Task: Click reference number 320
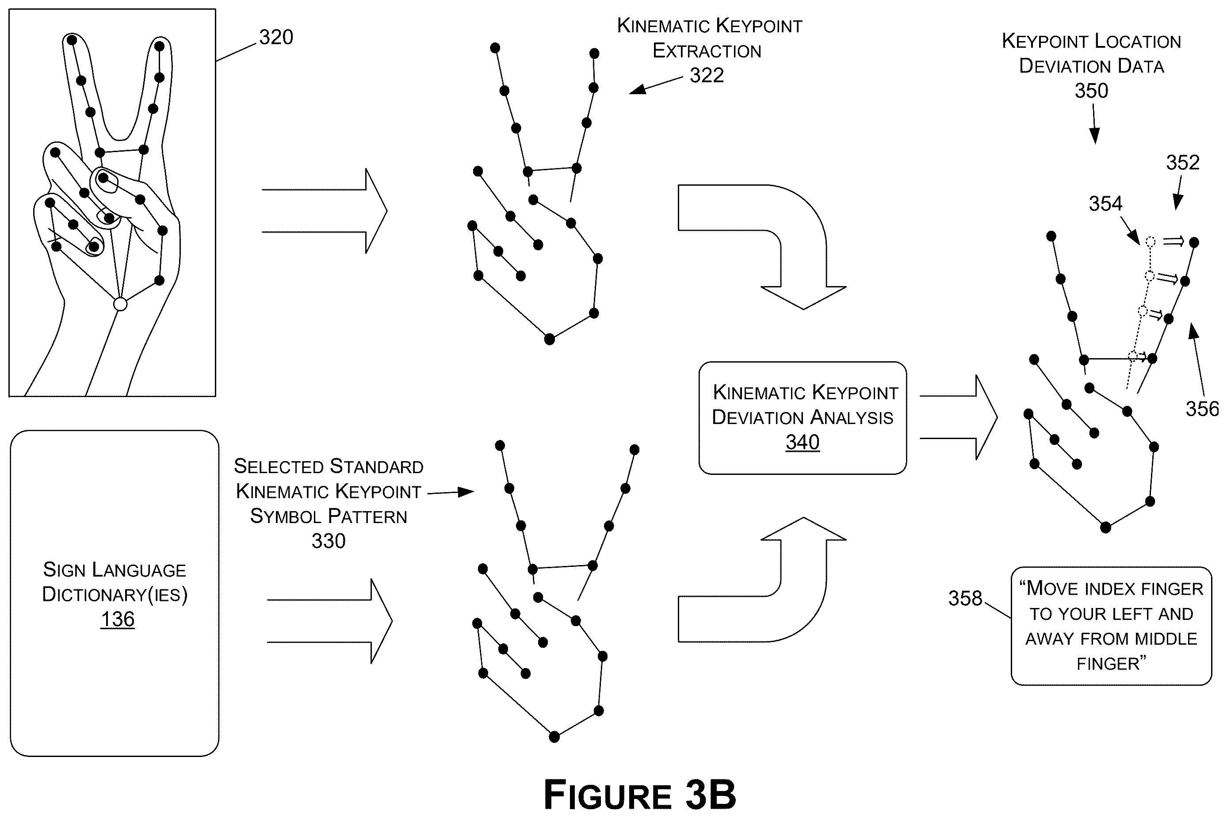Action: (276, 38)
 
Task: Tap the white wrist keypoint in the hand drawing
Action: (120, 304)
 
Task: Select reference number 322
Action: (707, 76)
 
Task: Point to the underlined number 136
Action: (117, 619)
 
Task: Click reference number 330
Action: (329, 541)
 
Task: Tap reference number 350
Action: (1091, 91)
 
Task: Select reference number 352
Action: (1183, 163)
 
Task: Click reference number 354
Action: (1105, 203)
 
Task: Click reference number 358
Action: (965, 598)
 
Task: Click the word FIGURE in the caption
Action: (607, 795)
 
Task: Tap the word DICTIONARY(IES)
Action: (115, 595)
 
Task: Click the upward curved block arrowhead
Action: (803, 528)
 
